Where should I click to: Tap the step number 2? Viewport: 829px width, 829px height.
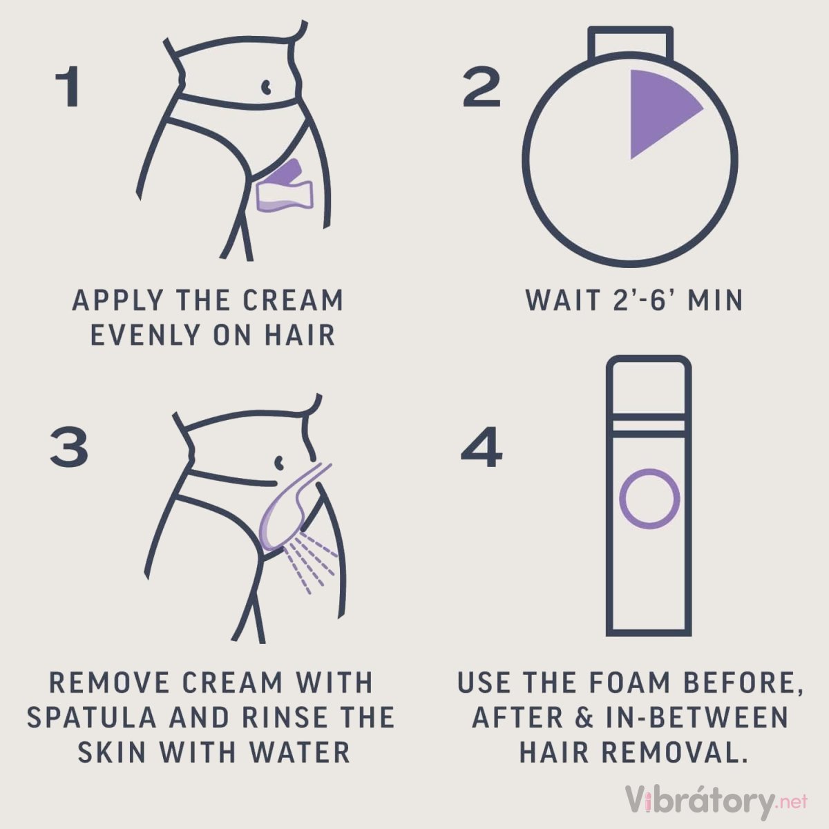pos(481,86)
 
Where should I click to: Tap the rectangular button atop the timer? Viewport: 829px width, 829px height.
pos(630,43)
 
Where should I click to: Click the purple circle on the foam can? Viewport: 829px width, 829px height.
pos(649,499)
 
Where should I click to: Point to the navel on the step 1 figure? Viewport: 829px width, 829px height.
pos(266,86)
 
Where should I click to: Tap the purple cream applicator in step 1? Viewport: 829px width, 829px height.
pos(285,187)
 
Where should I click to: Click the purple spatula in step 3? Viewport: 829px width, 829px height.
pos(288,508)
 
